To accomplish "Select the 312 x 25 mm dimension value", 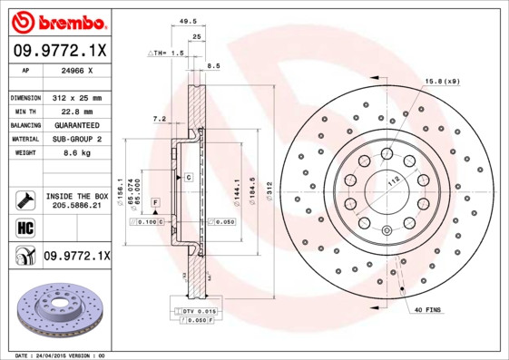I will click(x=75, y=97).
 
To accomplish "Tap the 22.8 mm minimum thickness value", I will click(x=75, y=111).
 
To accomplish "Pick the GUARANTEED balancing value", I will click(x=75, y=125).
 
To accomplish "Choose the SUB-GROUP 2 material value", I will click(x=75, y=139).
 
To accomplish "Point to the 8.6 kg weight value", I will click(x=75, y=153).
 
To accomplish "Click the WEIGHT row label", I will click(x=24, y=153).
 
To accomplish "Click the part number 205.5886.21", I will click(x=76, y=205).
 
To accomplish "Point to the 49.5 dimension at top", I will click(x=189, y=18).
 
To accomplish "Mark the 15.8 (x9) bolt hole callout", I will click(x=442, y=83).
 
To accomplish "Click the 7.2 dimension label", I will click(x=159, y=119).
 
